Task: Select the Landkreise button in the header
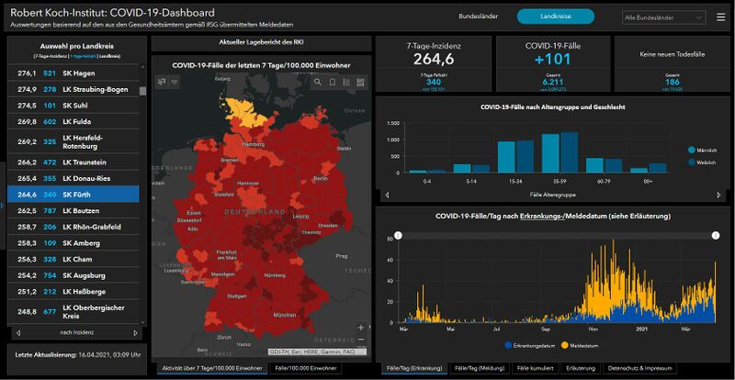point(555,16)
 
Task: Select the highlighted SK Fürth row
point(73,194)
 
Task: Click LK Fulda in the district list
point(74,120)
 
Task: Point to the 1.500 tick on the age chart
point(392,122)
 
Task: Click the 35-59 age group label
point(560,182)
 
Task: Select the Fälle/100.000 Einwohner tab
point(306,368)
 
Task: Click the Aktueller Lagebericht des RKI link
point(261,42)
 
